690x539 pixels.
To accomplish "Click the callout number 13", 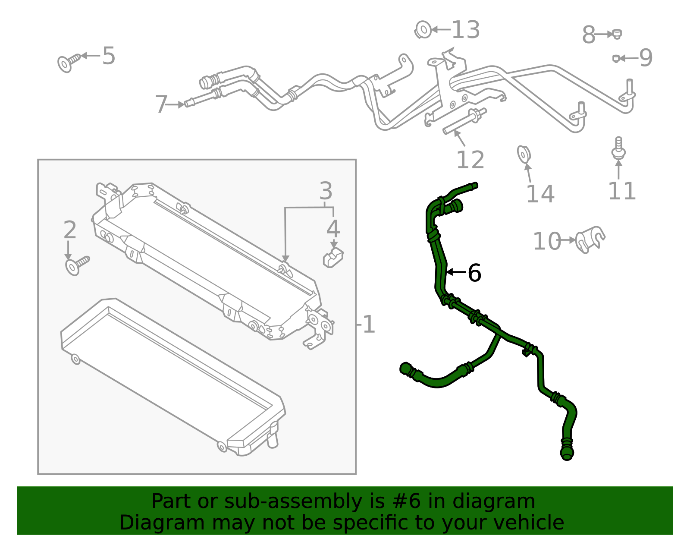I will [x=466, y=30].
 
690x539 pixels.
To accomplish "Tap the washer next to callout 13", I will [x=423, y=30].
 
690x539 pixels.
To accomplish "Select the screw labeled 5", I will [x=68, y=62].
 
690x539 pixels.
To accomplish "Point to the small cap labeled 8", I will [x=617, y=34].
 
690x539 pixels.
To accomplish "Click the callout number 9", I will [x=646, y=58].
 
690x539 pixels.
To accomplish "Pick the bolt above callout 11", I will [x=618, y=148].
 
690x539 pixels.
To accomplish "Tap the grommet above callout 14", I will [x=524, y=154].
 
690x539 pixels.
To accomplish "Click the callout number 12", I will [x=470, y=160].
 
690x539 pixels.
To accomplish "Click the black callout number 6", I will [x=474, y=273].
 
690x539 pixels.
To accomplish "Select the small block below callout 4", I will [x=333, y=258].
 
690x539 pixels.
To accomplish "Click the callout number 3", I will [x=326, y=191].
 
